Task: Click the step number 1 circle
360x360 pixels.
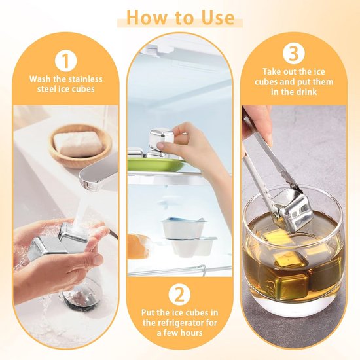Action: (66, 60)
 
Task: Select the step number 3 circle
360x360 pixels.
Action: (294, 54)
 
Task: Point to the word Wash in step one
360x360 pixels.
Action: (40, 79)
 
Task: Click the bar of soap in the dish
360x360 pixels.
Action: (79, 143)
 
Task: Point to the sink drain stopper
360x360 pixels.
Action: (78, 299)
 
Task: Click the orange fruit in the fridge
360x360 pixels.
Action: (138, 246)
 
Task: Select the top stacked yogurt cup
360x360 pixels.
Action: (183, 228)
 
